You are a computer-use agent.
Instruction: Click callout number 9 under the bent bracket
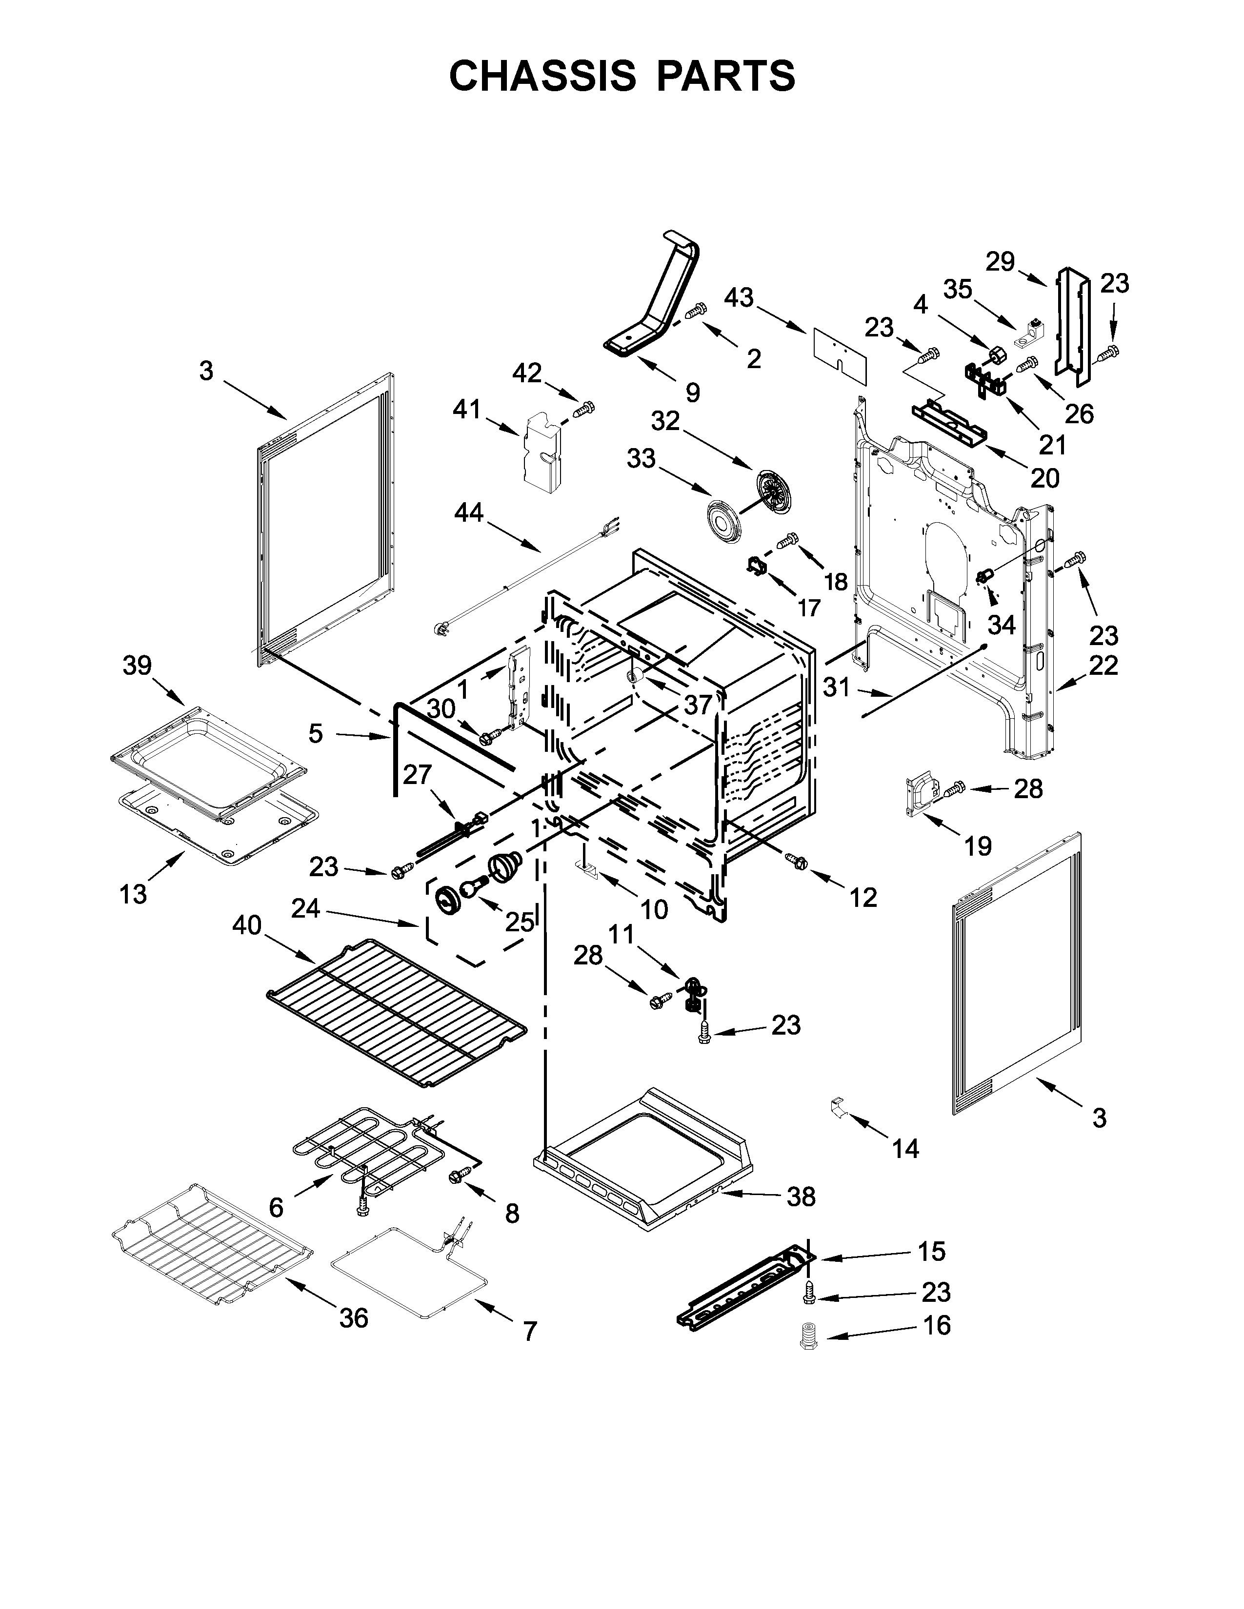pos(692,392)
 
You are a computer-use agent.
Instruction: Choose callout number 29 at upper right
pos(1000,261)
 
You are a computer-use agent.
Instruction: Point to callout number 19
pos(978,846)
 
